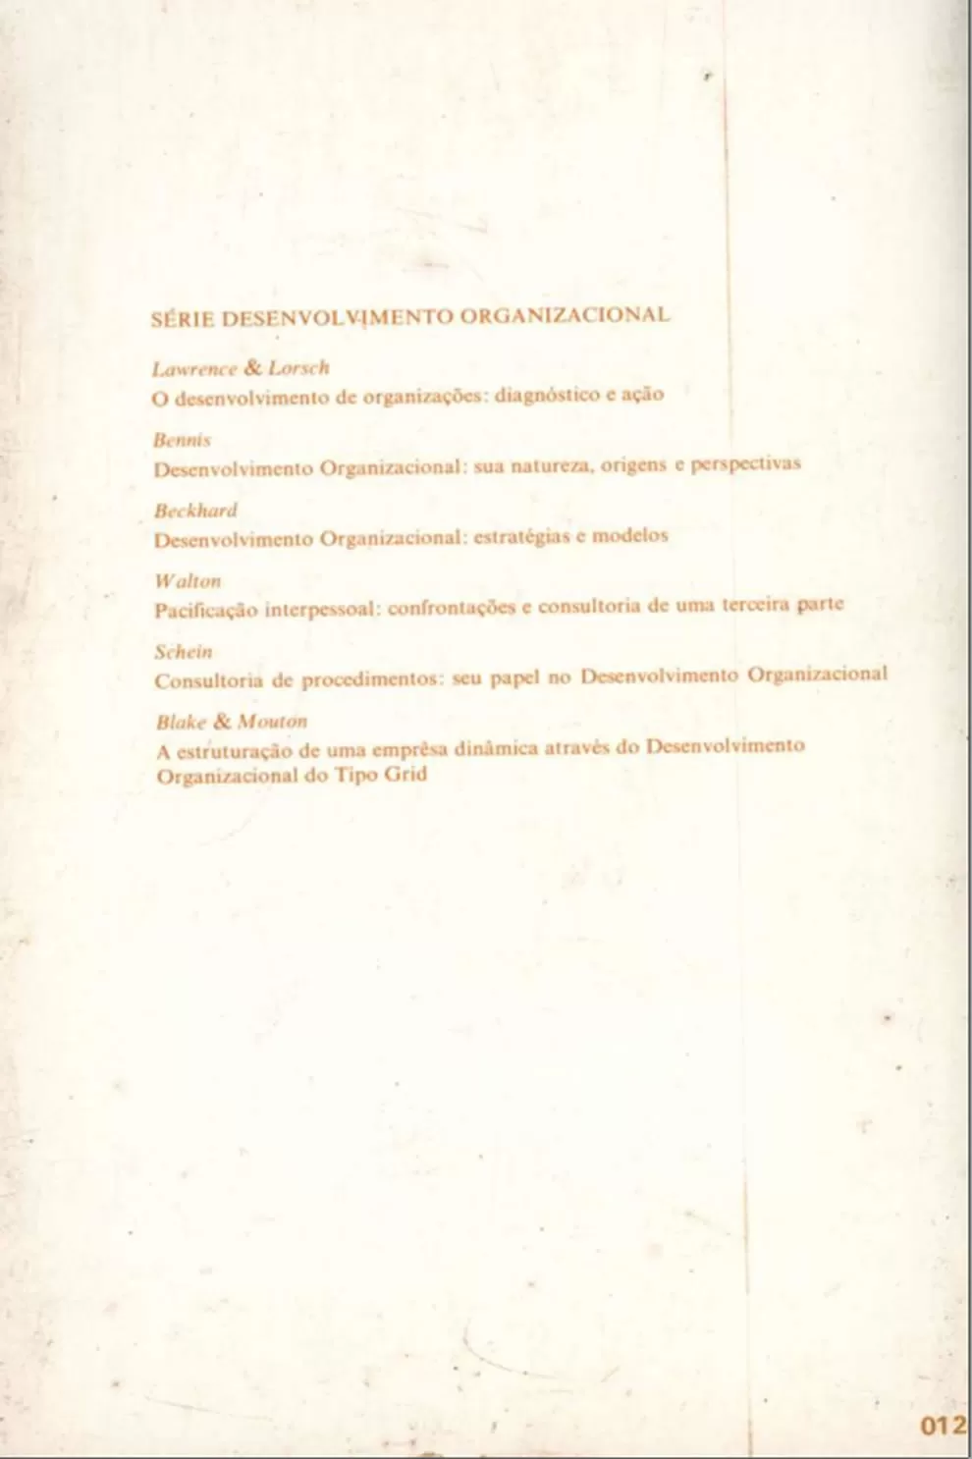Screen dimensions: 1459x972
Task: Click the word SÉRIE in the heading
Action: pos(183,319)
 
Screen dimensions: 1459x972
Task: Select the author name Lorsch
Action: pos(298,368)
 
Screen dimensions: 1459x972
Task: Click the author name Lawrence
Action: pos(193,369)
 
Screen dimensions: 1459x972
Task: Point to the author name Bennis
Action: pos(183,440)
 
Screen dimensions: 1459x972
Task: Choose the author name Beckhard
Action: pos(195,511)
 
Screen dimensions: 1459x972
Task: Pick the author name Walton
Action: pos(188,581)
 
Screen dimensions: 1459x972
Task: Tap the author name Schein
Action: pos(184,651)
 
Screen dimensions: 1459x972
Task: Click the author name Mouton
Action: pos(273,722)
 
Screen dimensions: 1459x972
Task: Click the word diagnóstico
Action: pos(540,396)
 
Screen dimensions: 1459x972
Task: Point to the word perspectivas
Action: pos(746,463)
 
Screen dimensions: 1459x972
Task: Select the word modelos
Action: pos(629,535)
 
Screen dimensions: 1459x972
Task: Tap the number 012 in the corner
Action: pos(944,1426)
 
